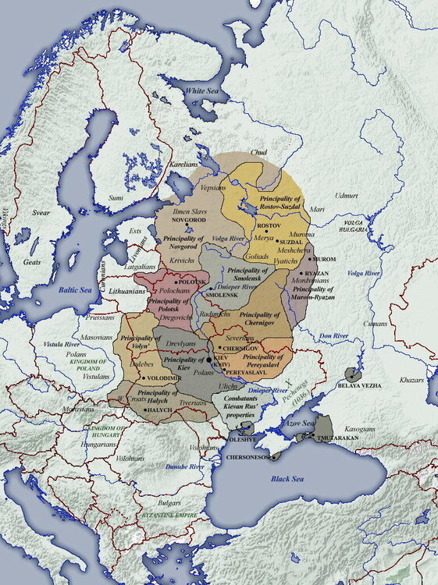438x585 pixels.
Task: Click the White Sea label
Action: pos(202,92)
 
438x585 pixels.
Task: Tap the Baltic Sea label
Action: pos(76,289)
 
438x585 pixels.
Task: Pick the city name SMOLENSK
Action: pos(222,296)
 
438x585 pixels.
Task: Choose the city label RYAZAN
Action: pos(315,274)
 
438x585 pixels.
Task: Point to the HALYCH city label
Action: pos(158,409)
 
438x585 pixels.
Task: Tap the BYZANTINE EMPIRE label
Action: pos(167,516)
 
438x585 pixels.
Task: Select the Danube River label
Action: pos(185,466)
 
